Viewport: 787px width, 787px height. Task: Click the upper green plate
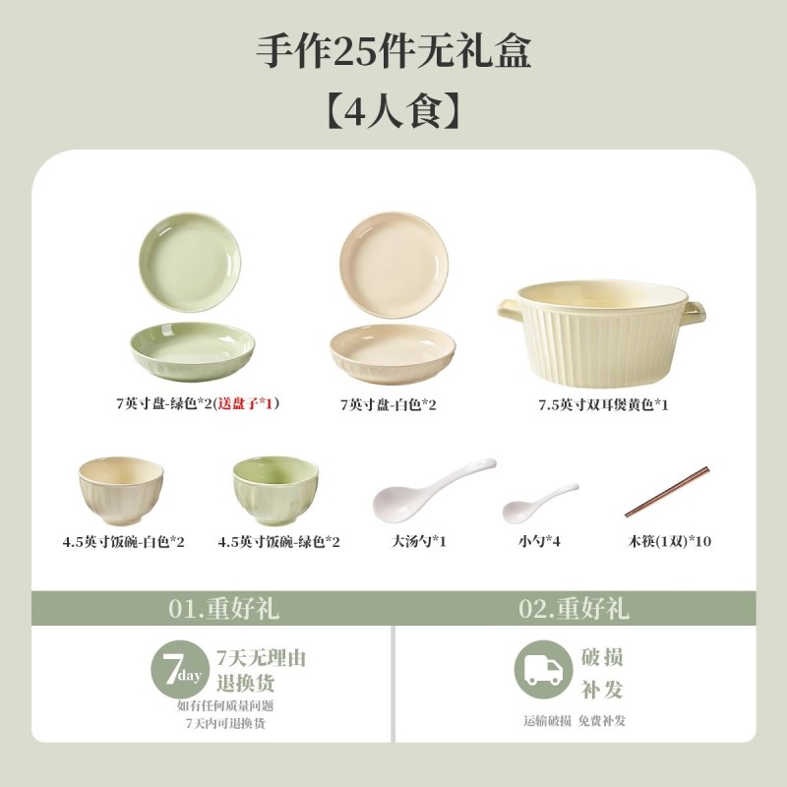190,263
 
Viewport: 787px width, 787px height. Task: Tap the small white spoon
539,503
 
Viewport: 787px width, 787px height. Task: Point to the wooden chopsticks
667,492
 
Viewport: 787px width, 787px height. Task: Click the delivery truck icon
544,670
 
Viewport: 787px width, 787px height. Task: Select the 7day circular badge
181,669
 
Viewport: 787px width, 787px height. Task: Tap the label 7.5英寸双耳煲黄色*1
603,404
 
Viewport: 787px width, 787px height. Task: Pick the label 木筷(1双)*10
670,541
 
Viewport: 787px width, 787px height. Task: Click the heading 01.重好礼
223,608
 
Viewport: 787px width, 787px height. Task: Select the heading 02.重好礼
574,608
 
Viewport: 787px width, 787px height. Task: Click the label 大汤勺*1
419,541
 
